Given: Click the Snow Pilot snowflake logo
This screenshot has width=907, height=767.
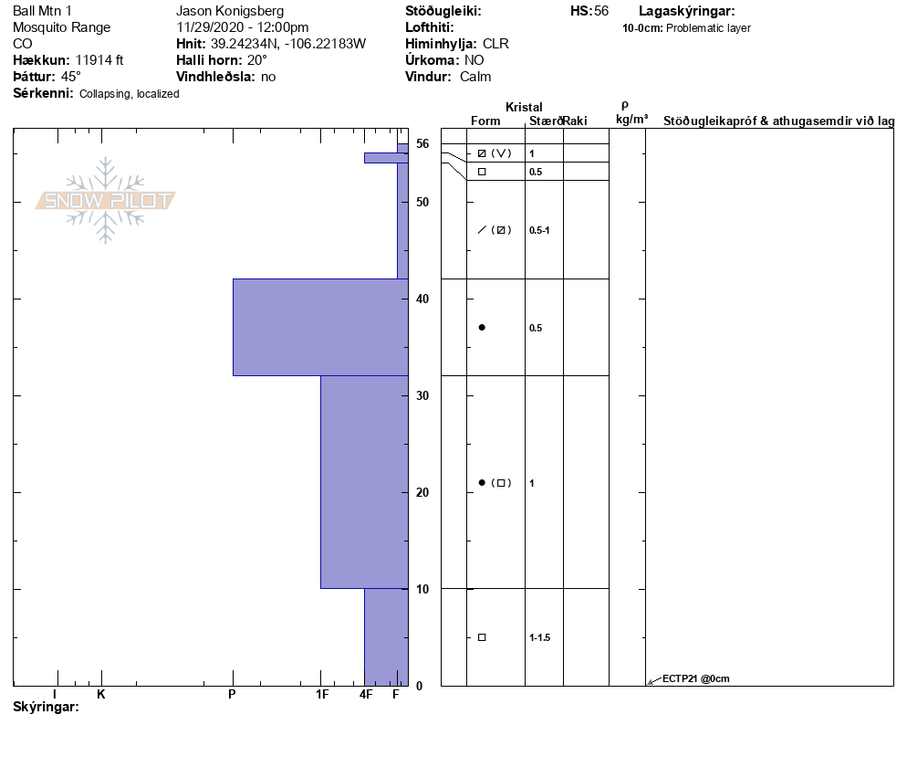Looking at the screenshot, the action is tap(105, 200).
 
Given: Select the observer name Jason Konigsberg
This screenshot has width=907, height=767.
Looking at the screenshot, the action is tap(230, 11).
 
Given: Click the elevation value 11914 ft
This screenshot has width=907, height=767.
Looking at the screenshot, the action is tap(99, 60).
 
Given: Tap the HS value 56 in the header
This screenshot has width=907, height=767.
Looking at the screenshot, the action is tap(601, 11).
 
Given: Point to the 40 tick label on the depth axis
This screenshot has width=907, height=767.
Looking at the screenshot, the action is tap(422, 299).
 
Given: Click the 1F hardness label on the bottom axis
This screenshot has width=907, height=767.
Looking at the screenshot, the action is tap(322, 694).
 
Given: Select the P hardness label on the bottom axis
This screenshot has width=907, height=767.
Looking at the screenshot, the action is tap(232, 694).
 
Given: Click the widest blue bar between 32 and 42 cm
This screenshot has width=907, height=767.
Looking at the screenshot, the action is tap(320, 327).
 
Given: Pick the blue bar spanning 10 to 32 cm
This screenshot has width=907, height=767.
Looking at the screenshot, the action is tap(364, 482).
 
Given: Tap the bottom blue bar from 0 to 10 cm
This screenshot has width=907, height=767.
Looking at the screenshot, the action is tap(386, 636).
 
